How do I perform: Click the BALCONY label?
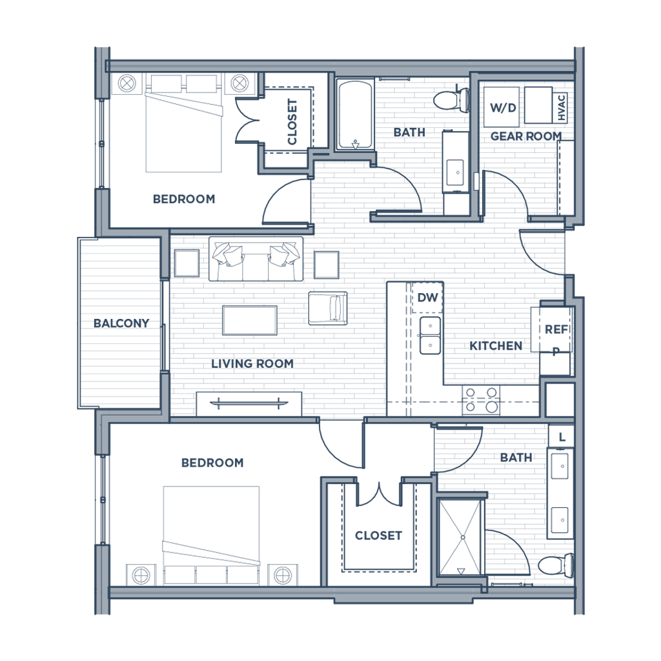pos(121,323)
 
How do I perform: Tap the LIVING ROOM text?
pos(253,363)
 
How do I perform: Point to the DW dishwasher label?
pos(427,298)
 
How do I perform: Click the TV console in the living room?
pos(249,404)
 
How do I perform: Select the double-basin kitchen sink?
pos(429,335)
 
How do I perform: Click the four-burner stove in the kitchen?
pos(482,399)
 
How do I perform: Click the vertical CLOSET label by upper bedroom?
pos(292,122)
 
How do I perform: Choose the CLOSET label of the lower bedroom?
pos(378,535)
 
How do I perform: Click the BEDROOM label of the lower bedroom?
pos(212,463)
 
